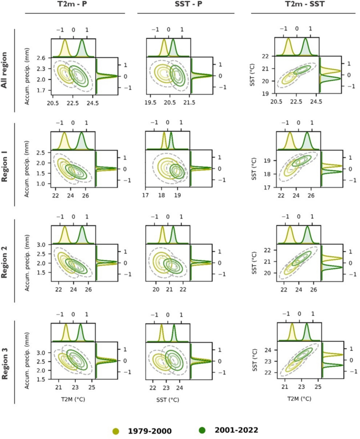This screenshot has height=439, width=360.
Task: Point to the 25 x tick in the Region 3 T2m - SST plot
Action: click(317, 387)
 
